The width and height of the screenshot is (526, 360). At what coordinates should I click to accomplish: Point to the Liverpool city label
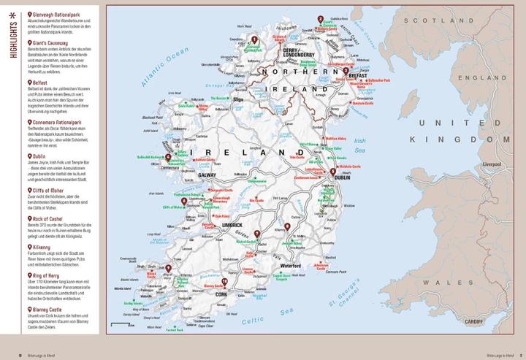[x=489, y=165]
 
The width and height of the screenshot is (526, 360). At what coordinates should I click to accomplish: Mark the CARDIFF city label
[x=479, y=318]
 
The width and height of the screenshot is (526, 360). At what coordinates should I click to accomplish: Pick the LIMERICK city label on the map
[x=233, y=225]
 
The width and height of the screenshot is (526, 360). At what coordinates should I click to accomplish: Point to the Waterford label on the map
[x=289, y=267]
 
